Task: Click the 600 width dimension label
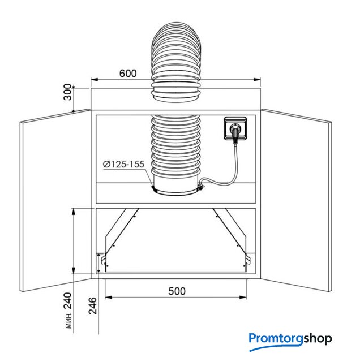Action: (x=128, y=74)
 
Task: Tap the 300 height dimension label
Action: (x=68, y=92)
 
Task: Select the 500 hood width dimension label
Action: (x=177, y=291)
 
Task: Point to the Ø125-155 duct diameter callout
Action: (x=123, y=164)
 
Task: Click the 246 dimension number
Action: (x=93, y=305)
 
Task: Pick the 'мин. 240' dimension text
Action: (x=68, y=311)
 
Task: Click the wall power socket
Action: (x=235, y=128)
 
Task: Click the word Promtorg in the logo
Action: (x=276, y=339)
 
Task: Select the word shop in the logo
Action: (x=317, y=339)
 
